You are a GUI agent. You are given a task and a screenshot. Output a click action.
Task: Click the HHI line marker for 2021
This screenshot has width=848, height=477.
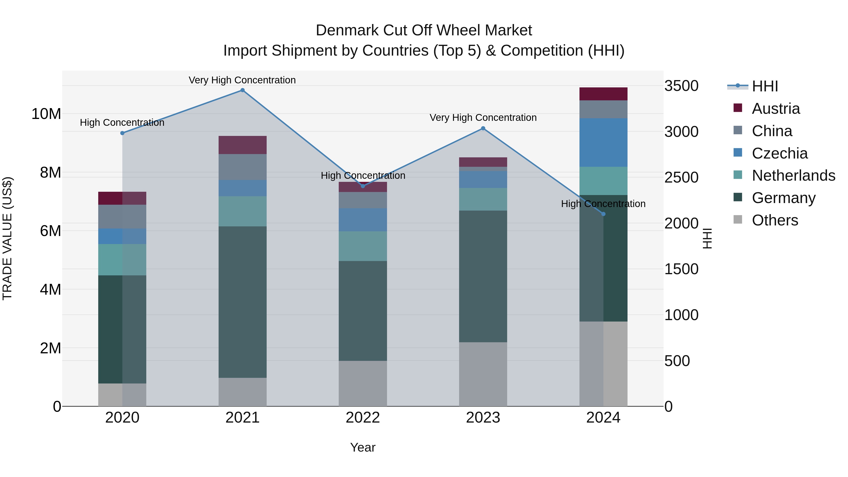point(242,90)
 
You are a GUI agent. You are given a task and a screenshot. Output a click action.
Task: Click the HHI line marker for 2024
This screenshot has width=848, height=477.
point(603,214)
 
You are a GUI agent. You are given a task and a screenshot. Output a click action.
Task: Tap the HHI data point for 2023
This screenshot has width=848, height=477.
point(483,128)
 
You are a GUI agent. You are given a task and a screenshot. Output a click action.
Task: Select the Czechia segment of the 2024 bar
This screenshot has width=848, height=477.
point(603,143)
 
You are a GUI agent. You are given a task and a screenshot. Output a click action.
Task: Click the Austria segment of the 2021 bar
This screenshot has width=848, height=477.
point(242,145)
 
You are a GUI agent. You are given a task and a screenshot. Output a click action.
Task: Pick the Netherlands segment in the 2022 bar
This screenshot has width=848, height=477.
point(363,246)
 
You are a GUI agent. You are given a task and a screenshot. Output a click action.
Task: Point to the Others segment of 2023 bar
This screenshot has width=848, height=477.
point(483,374)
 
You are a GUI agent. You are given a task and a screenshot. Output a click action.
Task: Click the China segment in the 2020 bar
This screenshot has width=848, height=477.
point(122,217)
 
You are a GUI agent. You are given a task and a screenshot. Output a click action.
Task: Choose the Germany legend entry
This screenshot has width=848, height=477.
point(783,198)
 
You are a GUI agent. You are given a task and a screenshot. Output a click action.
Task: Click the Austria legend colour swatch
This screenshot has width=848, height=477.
point(738,108)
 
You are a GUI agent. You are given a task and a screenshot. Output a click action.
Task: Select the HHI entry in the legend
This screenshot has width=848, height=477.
point(765,86)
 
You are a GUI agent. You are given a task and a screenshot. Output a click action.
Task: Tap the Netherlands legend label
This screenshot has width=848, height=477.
point(793,175)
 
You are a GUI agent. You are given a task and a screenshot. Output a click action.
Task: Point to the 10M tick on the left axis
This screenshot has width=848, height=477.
point(46,114)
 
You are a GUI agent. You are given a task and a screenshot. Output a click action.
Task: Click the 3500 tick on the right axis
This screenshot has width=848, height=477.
point(681,86)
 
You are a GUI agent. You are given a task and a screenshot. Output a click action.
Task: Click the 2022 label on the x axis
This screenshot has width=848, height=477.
point(363,418)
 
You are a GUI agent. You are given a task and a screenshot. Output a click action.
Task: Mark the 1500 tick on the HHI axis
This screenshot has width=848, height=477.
point(681,269)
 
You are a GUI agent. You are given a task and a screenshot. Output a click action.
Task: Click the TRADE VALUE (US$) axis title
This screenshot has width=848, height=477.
point(7,238)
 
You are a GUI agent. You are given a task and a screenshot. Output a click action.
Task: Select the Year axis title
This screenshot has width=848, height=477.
point(363,447)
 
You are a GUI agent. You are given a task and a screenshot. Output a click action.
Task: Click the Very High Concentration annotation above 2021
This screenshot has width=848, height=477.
point(242,80)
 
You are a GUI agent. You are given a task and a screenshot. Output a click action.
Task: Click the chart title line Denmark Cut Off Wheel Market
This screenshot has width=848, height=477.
point(424,30)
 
